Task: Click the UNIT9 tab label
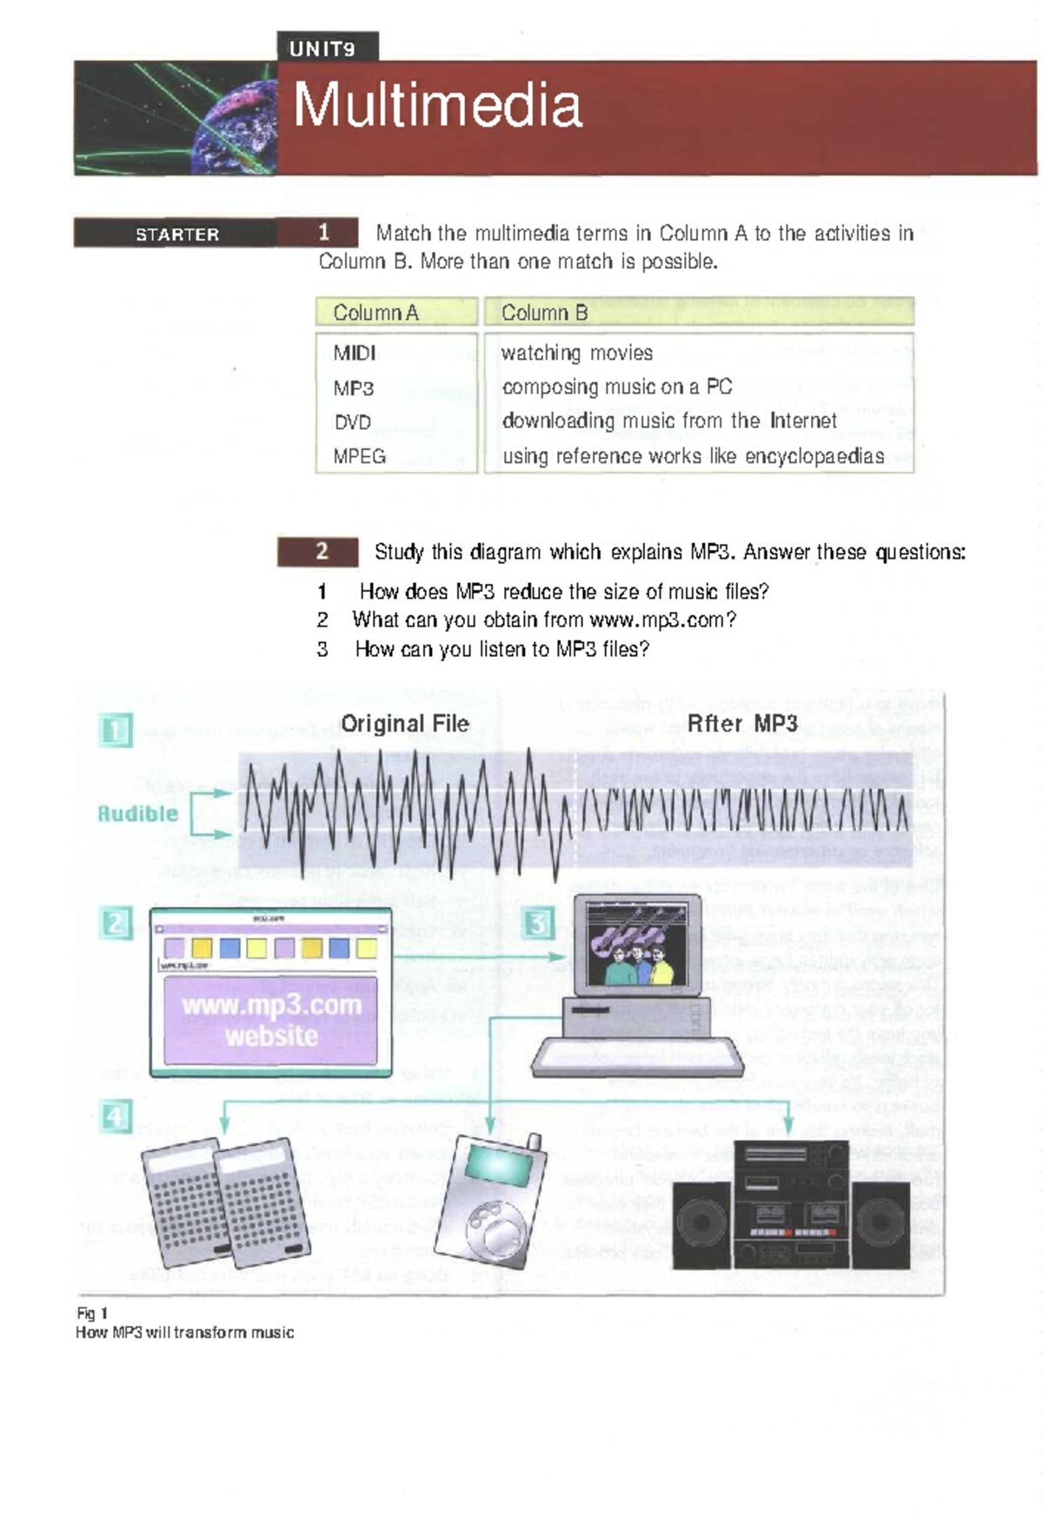pyautogui.click(x=322, y=49)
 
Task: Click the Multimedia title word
pyautogui.click(x=437, y=106)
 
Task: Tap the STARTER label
pyautogui.click(x=177, y=234)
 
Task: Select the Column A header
pyautogui.click(x=376, y=313)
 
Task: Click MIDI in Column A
pyautogui.click(x=355, y=353)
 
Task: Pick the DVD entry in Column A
pyautogui.click(x=353, y=422)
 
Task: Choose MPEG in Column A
pyautogui.click(x=360, y=456)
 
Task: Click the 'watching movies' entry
pyautogui.click(x=577, y=353)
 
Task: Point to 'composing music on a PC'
pyautogui.click(x=617, y=387)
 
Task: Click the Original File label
pyautogui.click(x=405, y=723)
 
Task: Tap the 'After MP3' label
pyautogui.click(x=742, y=723)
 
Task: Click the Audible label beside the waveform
pyautogui.click(x=137, y=814)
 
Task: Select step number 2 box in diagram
pyautogui.click(x=116, y=923)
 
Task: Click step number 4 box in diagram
pyautogui.click(x=116, y=1117)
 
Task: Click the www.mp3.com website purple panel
pyautogui.click(x=271, y=1020)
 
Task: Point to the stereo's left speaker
pyautogui.click(x=701, y=1223)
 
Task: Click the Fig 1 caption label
pyautogui.click(x=92, y=1313)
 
